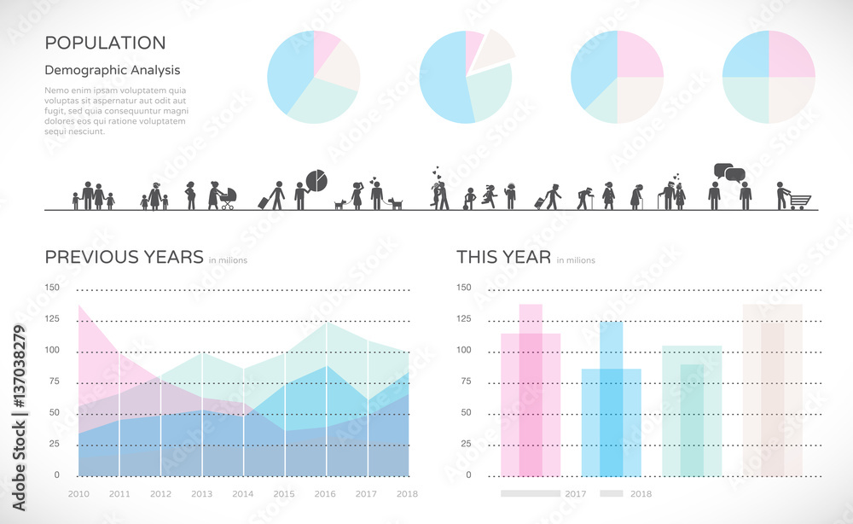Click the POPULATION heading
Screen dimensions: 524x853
(105, 43)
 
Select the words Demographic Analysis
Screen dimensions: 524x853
(112, 71)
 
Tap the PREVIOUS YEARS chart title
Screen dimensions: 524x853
(124, 257)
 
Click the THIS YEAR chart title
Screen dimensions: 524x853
(503, 257)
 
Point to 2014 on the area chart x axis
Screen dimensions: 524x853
(242, 494)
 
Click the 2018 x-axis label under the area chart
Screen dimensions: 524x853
(407, 494)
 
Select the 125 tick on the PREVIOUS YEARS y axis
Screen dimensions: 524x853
(52, 319)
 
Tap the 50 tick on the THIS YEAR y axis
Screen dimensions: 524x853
(465, 412)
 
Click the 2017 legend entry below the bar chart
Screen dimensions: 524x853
(575, 493)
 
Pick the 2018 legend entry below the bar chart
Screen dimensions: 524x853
(640, 493)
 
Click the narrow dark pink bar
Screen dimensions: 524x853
(531, 393)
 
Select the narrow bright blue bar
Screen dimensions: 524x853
(611, 401)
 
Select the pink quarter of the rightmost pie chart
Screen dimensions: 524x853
(791, 55)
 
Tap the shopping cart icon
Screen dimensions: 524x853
(799, 201)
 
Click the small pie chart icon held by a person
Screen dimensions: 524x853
(316, 180)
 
